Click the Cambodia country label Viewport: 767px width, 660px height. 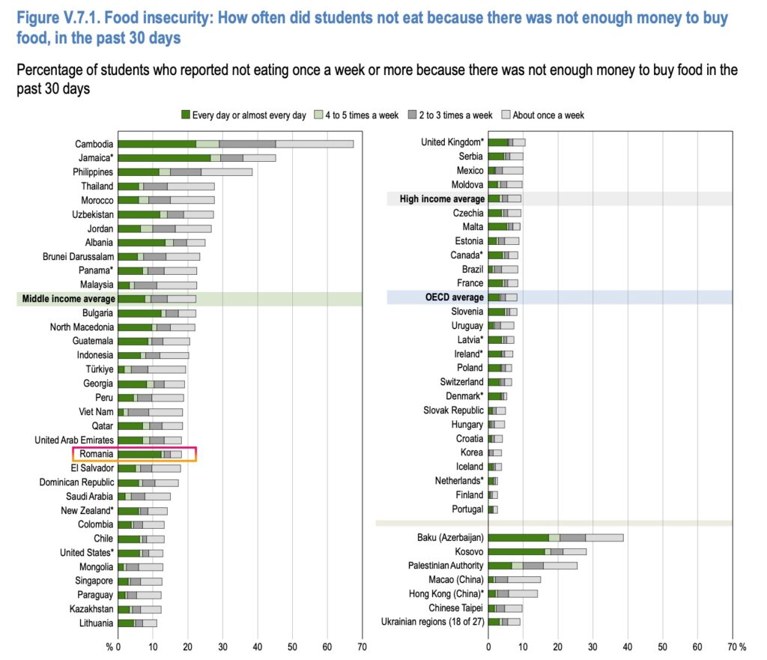click(94, 144)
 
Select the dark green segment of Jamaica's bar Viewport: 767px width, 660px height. click(164, 158)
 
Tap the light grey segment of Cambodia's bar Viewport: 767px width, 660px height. click(314, 144)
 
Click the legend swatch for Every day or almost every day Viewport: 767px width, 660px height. click(186, 115)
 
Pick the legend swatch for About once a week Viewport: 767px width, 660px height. click(506, 115)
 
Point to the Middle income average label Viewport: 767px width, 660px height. click(67, 298)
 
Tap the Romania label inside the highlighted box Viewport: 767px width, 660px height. click(97, 454)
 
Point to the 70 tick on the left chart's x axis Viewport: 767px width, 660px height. click(363, 646)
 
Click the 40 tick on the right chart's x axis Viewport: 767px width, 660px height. click(628, 646)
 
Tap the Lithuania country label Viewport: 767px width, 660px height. click(96, 623)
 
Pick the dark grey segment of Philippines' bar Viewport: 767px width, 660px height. click(186, 172)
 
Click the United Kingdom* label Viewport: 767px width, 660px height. click(452, 142)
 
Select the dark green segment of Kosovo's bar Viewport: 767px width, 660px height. click(517, 551)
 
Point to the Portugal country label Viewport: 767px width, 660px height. click(468, 509)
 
